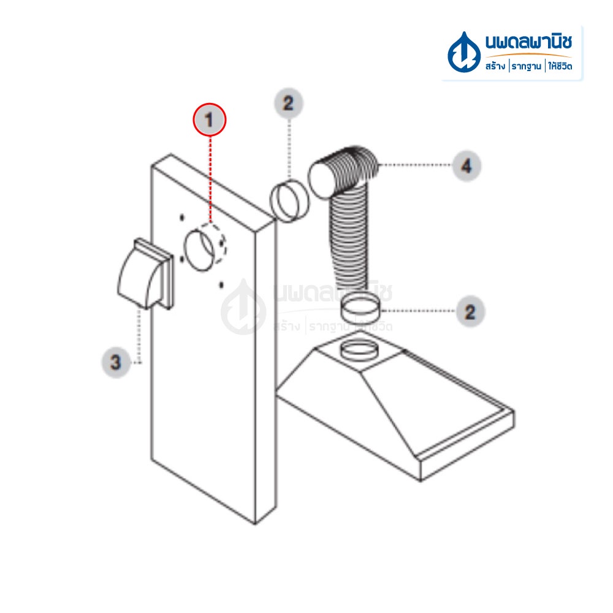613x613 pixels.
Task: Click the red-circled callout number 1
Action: pyautogui.click(x=210, y=120)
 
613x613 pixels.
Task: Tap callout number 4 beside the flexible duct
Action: pyautogui.click(x=466, y=166)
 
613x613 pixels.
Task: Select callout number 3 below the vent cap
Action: pyautogui.click(x=116, y=362)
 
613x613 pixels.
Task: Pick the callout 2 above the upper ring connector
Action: pyautogui.click(x=289, y=103)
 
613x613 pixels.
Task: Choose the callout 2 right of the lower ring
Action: pyautogui.click(x=470, y=311)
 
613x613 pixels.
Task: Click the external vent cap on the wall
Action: pyautogui.click(x=145, y=273)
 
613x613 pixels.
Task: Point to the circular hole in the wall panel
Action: pyautogui.click(x=199, y=250)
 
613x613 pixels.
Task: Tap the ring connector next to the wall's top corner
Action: pyautogui.click(x=289, y=200)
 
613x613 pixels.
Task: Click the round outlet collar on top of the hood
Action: pyautogui.click(x=359, y=350)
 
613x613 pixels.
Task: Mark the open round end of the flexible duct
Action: pyautogui.click(x=322, y=181)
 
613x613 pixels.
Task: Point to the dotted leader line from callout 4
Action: pyautogui.click(x=415, y=165)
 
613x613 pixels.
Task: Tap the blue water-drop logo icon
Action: pyautogui.click(x=463, y=53)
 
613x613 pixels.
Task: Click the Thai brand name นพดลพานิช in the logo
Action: pyautogui.click(x=528, y=42)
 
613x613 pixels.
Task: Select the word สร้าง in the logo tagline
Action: pyautogui.click(x=495, y=66)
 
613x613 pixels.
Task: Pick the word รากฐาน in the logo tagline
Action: pyautogui.click(x=526, y=66)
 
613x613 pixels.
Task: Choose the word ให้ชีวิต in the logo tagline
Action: pyautogui.click(x=560, y=66)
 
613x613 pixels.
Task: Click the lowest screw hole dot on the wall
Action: pyautogui.click(x=221, y=284)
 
